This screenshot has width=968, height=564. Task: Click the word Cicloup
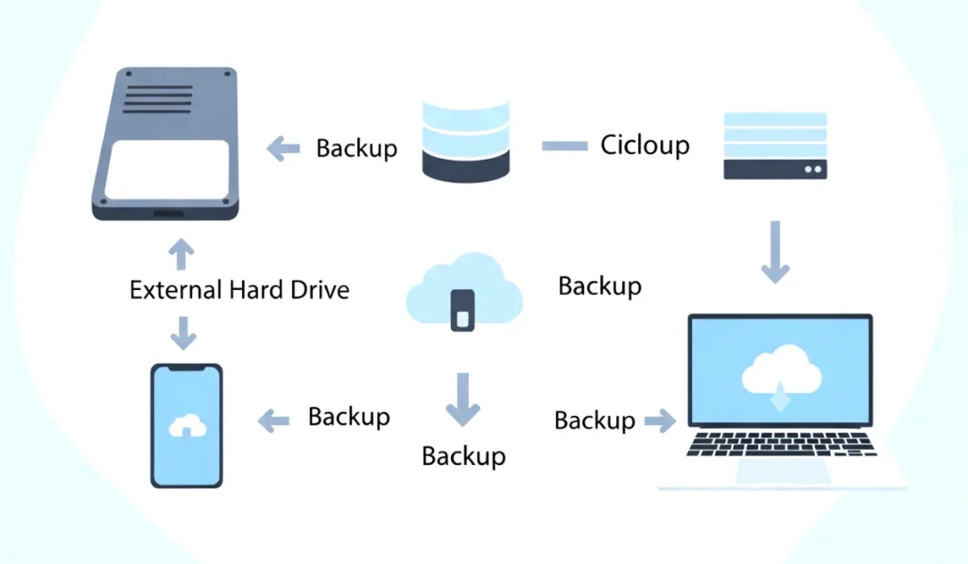pos(645,145)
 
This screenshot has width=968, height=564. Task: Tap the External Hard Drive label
pos(239,289)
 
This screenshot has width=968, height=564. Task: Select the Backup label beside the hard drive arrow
pos(356,148)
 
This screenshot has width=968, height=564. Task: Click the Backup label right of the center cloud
pos(599,285)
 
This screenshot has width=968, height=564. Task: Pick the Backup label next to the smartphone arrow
pos(349,417)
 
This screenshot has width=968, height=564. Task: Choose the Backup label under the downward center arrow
pos(463,455)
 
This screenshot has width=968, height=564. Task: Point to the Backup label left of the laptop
pos(595,420)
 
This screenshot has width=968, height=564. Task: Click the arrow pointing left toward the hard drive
pos(283,148)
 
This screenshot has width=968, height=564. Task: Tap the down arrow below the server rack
pos(775,251)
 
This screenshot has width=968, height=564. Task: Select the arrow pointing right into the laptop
pos(660,420)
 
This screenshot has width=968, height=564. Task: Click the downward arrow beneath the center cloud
pos(462,399)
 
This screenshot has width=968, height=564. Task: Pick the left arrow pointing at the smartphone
pos(274,420)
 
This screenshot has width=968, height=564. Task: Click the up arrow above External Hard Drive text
pos(181,253)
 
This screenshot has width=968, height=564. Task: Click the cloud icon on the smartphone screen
pos(186,426)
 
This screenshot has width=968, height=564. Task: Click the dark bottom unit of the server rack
pos(775,169)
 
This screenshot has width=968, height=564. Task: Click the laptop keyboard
pos(781,444)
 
